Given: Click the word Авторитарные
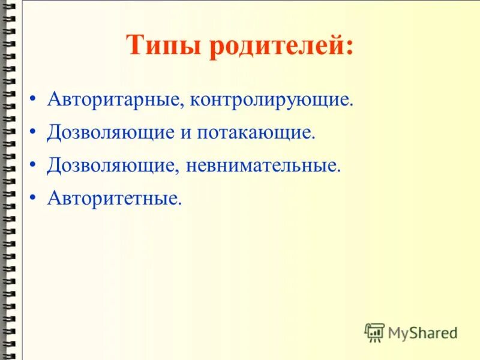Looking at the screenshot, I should (115, 100).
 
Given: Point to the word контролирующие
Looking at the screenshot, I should (270, 100).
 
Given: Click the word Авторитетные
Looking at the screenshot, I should (113, 199).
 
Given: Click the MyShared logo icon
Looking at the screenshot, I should (374, 332).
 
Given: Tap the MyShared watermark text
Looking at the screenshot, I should (422, 332).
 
